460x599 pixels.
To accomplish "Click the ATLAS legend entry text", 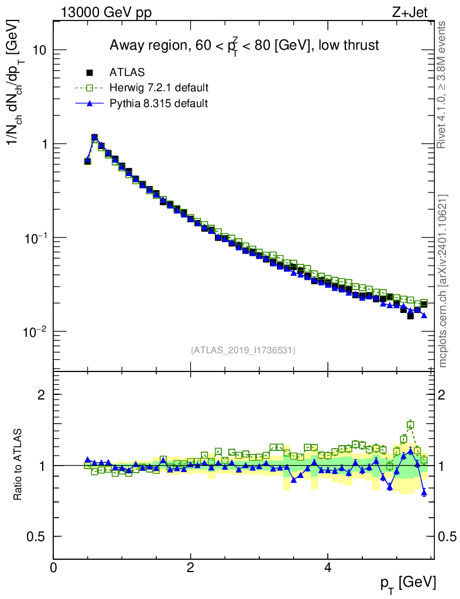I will (127, 73).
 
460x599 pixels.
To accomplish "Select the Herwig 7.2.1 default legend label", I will (159, 88).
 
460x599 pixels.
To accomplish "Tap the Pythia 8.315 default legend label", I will (158, 104).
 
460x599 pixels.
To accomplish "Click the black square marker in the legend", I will (90, 73).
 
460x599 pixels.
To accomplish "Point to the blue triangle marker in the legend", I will (90, 104).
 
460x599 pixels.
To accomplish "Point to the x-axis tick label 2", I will (190, 568).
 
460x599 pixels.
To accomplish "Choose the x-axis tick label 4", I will (328, 568).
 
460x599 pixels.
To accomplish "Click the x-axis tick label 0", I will (53, 568).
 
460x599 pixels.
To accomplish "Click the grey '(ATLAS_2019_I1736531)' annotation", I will (243, 350).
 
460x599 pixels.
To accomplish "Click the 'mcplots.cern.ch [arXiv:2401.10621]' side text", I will (443, 281).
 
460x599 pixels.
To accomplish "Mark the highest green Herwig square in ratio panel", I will (410, 425).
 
